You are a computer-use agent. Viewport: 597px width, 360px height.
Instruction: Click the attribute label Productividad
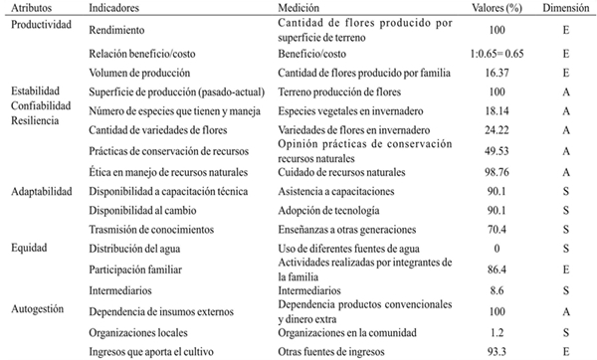[x=37, y=24]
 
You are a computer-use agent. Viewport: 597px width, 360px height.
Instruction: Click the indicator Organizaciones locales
[x=134, y=330]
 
